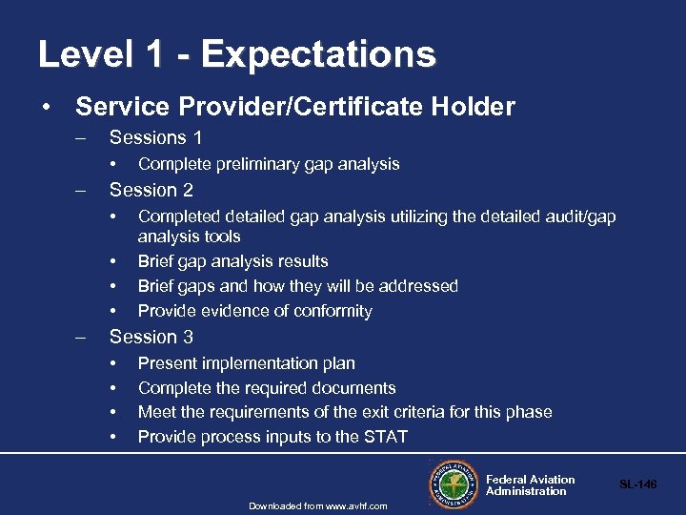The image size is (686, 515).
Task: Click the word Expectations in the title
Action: coord(318,54)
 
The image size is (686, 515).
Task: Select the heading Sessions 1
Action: coord(155,137)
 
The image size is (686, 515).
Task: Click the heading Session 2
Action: coord(151,190)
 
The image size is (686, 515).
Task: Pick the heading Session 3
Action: coord(151,337)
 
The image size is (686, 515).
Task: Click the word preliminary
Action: coord(262,164)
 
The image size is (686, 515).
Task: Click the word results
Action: coord(296,261)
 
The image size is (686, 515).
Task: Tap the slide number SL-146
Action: coord(637,485)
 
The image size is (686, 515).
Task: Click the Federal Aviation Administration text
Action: coord(530,485)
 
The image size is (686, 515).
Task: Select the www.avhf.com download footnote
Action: coord(318,505)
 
